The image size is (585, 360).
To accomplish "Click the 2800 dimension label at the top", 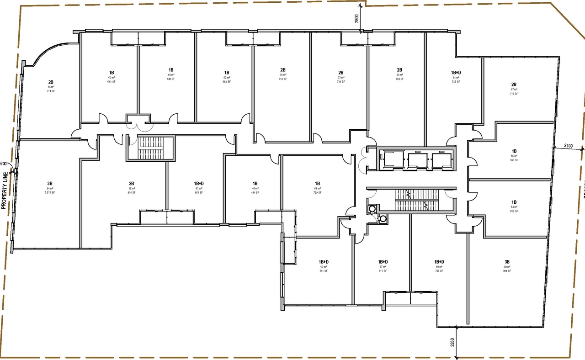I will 356,19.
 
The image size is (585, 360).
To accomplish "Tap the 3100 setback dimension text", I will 569,146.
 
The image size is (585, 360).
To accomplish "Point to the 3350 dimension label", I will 452,343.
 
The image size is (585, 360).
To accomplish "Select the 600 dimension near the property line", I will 4,164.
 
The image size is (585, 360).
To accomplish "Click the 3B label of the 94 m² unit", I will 49,183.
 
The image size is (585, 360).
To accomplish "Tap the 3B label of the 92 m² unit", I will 507,262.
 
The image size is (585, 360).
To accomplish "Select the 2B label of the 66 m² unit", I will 50,82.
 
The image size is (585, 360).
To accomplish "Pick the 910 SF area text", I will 131,193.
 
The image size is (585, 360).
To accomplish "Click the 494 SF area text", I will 255,193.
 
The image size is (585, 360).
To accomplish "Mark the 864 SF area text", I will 400,79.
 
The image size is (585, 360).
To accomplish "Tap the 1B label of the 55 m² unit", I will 514,151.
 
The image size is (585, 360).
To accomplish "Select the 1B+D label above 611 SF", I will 383,262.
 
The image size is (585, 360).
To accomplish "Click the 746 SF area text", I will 439,271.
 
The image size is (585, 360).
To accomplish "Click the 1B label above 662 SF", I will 226,73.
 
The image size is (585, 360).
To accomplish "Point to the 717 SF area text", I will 514,94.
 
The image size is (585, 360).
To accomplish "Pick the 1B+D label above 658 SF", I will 199,183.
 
